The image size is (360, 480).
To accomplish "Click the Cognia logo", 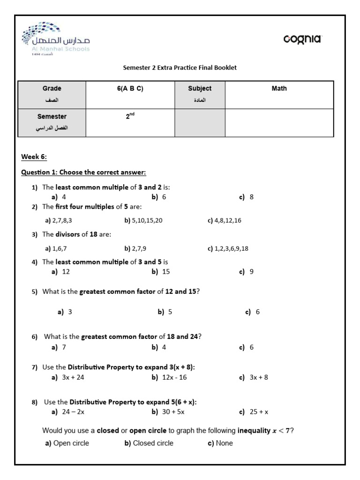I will click(302, 39).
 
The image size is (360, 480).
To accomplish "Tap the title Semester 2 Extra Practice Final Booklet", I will click(180, 67).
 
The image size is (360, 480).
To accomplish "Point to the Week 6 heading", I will click(34, 157).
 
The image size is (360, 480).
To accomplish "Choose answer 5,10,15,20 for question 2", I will click(143, 220).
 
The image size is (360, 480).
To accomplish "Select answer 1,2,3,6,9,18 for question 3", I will click(228, 248).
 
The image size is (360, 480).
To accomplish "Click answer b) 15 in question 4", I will click(161, 271).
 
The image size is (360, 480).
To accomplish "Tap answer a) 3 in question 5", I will click(65, 312).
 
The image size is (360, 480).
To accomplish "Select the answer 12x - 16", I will click(169, 377).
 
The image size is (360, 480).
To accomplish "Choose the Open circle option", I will click(67, 443).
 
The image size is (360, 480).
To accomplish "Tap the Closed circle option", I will click(149, 443).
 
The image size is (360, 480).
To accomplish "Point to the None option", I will click(220, 443).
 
